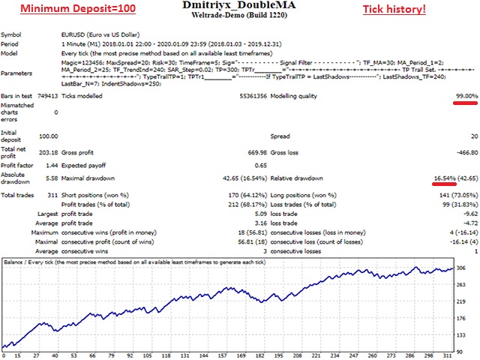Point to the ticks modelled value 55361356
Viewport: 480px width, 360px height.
[x=248, y=97]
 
